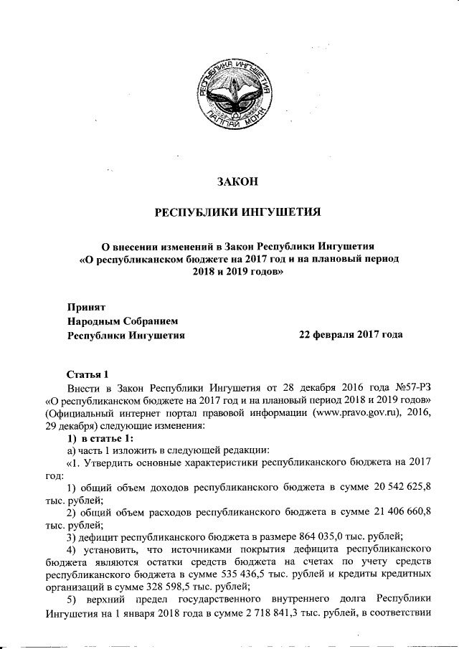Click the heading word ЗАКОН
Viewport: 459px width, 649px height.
[x=237, y=183]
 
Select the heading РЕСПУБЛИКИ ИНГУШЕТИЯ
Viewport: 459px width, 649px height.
[x=237, y=212]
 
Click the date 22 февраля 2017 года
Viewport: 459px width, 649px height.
[x=351, y=334]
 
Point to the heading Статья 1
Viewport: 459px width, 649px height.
[x=87, y=374]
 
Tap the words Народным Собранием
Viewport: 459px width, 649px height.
[x=122, y=320]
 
